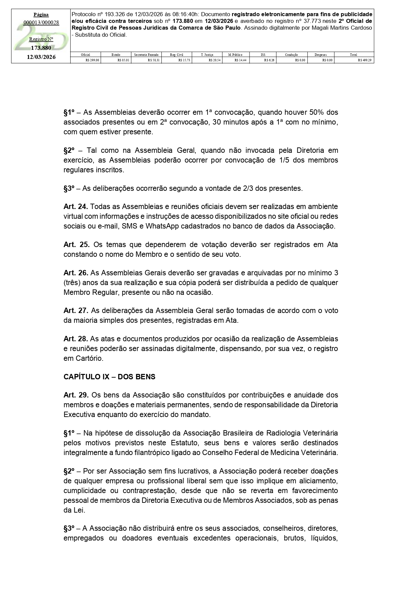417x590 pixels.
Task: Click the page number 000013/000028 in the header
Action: click(41, 23)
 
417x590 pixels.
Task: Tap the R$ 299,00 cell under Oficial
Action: click(92, 60)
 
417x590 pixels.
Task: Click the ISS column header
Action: click(263, 55)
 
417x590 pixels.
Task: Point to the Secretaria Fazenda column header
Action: click(146, 55)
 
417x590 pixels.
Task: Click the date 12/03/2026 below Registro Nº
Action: click(41, 57)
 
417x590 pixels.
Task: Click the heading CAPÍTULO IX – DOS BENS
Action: click(109, 377)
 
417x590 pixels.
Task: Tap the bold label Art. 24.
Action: click(76, 206)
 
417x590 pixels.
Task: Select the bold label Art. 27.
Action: click(76, 310)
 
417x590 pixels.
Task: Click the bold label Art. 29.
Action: click(76, 395)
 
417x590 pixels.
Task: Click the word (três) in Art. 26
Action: click(72, 282)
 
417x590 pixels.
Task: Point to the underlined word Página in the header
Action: click(41, 15)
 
